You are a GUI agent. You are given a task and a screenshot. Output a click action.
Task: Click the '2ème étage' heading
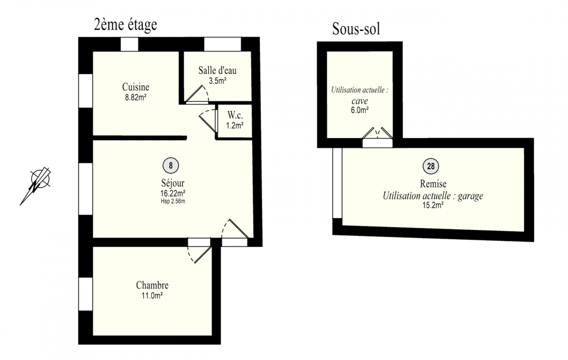[x=125, y=25]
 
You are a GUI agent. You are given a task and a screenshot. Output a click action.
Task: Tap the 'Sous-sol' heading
[x=356, y=29]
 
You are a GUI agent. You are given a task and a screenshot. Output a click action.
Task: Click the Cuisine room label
[x=135, y=87]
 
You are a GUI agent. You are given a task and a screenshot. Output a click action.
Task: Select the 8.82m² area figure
[x=135, y=97]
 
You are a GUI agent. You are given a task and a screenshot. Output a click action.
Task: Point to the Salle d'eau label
[x=217, y=70]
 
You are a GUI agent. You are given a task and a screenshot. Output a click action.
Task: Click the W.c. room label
[x=235, y=115]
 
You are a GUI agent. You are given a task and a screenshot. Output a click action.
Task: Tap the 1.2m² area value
[x=235, y=126]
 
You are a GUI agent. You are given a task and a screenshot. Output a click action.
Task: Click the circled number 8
[x=171, y=166]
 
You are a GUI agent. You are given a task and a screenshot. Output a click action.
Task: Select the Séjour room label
[x=173, y=183]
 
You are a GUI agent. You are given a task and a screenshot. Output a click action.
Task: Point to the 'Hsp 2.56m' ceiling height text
[x=173, y=202]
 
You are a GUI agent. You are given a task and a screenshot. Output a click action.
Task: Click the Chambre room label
[x=152, y=285]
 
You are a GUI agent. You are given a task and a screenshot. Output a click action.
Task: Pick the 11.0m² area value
[x=152, y=296]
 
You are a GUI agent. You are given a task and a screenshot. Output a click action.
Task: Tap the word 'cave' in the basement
[x=360, y=101]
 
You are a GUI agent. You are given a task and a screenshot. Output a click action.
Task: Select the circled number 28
[x=431, y=166]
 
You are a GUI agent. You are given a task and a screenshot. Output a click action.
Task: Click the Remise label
[x=433, y=184]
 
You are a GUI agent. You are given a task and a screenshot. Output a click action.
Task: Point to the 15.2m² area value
[x=433, y=205]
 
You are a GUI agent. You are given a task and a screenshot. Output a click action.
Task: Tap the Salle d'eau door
[x=197, y=94]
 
